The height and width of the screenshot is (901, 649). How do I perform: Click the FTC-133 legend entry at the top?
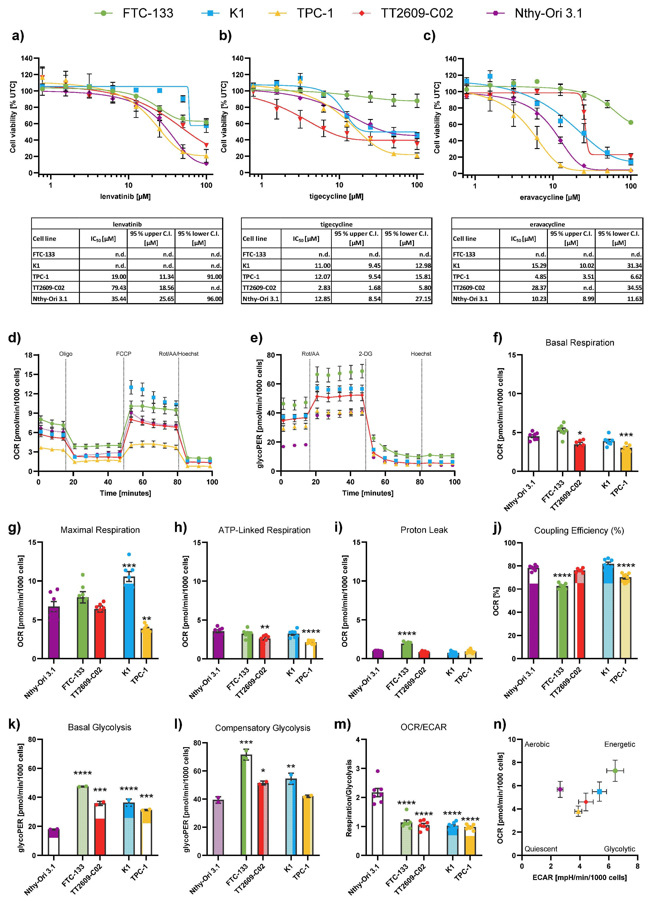pyautogui.click(x=147, y=13)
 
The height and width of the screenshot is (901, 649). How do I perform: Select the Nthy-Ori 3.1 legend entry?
pyautogui.click(x=548, y=13)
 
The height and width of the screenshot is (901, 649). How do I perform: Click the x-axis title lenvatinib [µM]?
pyautogui.click(x=125, y=196)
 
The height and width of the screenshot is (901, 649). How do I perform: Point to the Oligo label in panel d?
pyautogui.click(x=66, y=354)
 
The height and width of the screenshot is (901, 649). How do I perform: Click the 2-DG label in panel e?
pyautogui.click(x=365, y=354)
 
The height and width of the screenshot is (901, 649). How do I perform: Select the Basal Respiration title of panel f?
pyautogui.click(x=580, y=343)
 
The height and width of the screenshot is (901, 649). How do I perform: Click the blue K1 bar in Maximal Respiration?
pyautogui.click(x=129, y=620)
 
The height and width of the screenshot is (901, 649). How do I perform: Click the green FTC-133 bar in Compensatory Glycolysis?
pyautogui.click(x=246, y=806)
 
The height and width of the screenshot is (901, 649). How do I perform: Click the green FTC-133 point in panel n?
pyautogui.click(x=615, y=771)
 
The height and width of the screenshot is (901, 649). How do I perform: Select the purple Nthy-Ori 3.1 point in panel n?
pyautogui.click(x=560, y=789)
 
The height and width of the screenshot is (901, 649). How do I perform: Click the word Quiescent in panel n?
pyautogui.click(x=540, y=849)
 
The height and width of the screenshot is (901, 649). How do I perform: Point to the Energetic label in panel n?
pyautogui.click(x=619, y=744)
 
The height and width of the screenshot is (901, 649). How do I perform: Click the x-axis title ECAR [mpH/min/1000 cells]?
pyautogui.click(x=580, y=877)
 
